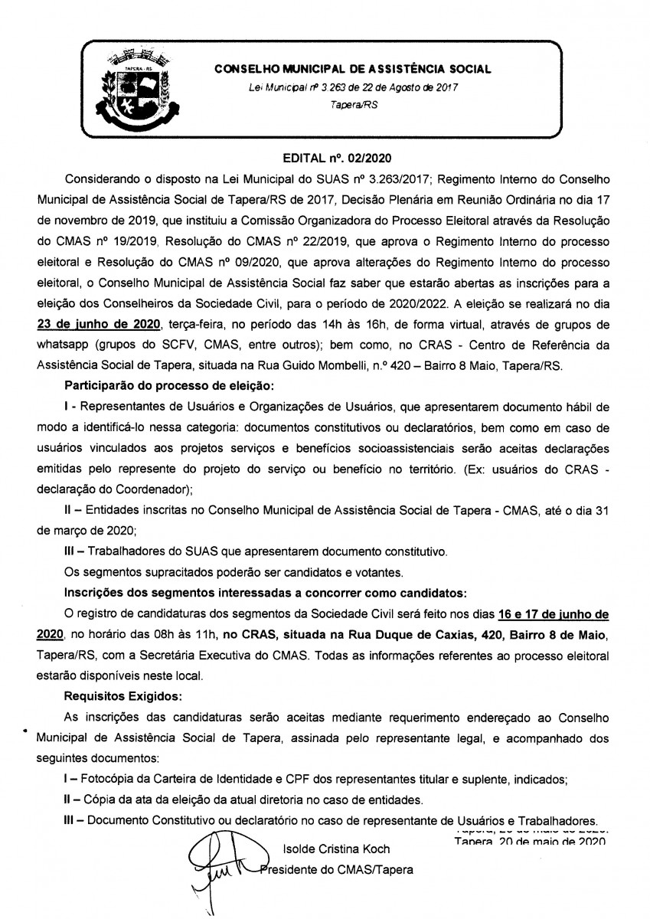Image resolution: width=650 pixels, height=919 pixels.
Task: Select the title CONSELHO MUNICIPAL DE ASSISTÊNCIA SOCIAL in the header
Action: pyautogui.click(x=353, y=69)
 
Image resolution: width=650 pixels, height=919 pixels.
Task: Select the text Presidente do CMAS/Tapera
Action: pyautogui.click(x=336, y=870)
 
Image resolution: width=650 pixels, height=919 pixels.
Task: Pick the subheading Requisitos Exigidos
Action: pyautogui.click(x=124, y=697)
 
